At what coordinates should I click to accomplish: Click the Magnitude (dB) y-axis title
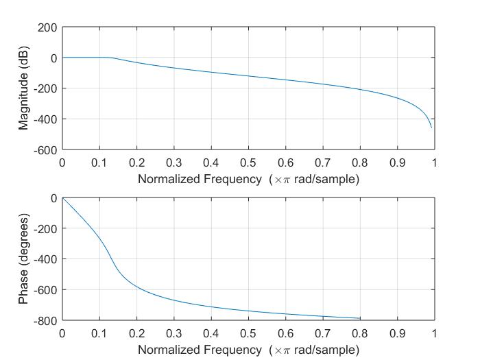coord(24,88)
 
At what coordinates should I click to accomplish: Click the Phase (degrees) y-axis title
coord(24,259)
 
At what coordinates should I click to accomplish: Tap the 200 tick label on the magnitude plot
coord(48,27)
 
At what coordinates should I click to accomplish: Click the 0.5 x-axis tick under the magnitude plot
coord(248,163)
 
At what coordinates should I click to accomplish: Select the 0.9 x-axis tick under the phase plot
coord(397,333)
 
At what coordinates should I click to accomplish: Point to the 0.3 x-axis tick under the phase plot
coord(174,333)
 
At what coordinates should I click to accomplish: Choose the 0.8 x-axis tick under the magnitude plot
coord(360,163)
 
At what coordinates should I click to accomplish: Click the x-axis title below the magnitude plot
coord(248,179)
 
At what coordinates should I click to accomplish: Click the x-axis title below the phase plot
coord(248,350)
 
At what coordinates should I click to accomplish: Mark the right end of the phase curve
coord(360,318)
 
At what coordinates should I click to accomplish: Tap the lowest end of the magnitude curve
coord(431,128)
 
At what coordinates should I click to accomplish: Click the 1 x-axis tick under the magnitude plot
coord(435,163)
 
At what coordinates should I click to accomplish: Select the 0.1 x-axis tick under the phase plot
coord(99,333)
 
